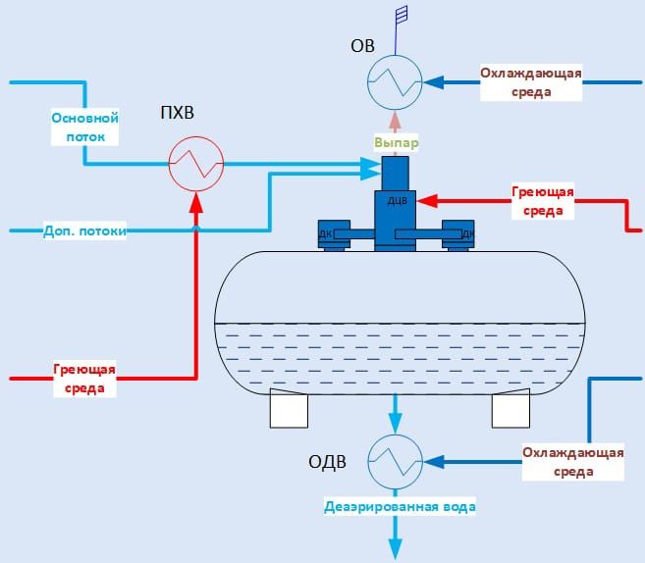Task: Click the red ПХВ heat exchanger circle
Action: (x=196, y=161)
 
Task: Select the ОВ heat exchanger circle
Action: (x=395, y=79)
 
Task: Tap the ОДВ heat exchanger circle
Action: (x=396, y=459)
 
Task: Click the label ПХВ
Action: (x=178, y=114)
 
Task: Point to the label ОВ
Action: (x=362, y=45)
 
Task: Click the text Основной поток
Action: (x=84, y=128)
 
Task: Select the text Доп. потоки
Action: (x=85, y=231)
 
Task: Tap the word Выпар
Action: (x=397, y=143)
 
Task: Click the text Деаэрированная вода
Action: (x=401, y=507)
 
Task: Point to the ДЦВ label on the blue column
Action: (x=398, y=201)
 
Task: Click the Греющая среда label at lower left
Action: (x=84, y=379)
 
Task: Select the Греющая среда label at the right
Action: (x=543, y=201)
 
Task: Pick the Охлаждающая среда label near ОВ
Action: (x=531, y=82)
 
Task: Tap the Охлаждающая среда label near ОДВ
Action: (x=572, y=462)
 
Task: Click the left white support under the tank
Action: (x=290, y=408)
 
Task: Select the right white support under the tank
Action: (x=511, y=408)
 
